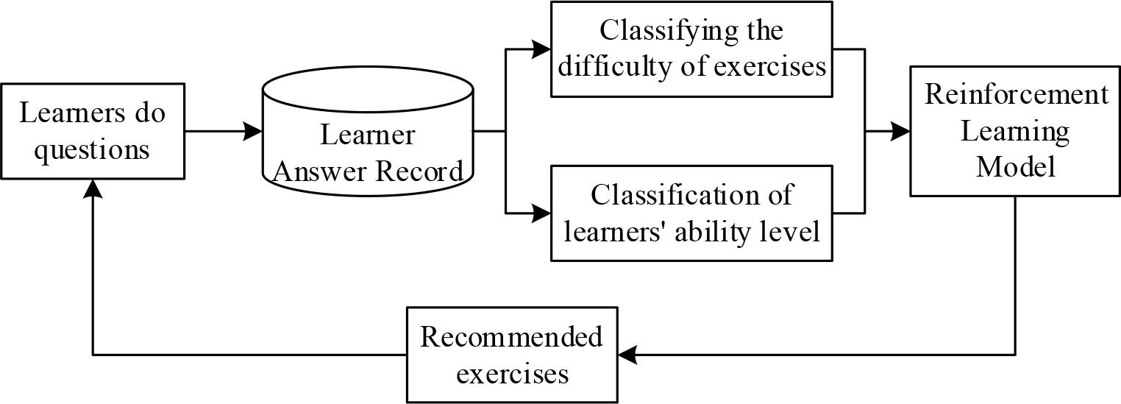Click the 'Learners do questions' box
92,131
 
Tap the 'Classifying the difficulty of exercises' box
691,49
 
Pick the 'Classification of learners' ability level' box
691,213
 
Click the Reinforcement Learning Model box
1015,131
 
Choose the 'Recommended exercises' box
512,355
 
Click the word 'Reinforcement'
1016,95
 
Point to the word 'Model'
1016,167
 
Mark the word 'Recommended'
511,337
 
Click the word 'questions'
92,149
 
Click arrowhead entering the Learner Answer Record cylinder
254,132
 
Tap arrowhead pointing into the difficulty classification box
543,49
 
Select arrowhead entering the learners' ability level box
543,213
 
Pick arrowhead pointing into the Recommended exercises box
627,355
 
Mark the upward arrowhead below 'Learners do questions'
92,188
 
